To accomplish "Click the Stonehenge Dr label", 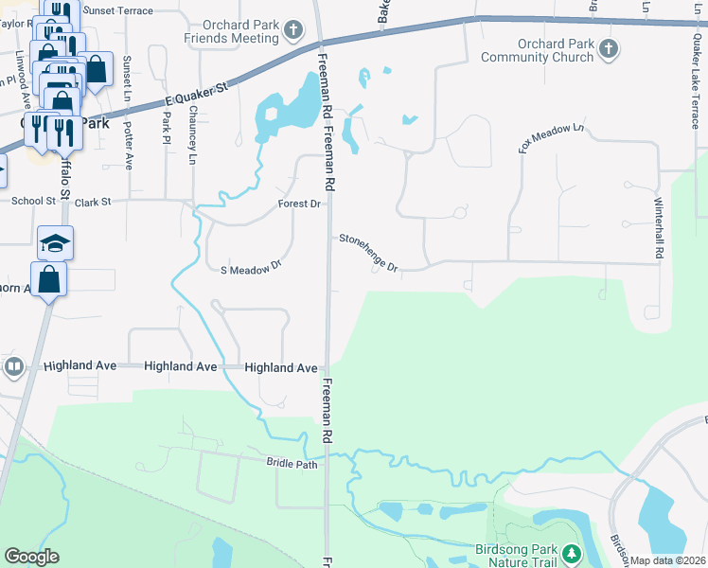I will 369,254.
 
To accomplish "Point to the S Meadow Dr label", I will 252,269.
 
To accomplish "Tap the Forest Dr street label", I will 301,204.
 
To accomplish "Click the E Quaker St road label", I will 197,93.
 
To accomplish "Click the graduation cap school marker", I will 55,243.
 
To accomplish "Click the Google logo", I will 31,557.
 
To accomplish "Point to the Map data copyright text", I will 666,560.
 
